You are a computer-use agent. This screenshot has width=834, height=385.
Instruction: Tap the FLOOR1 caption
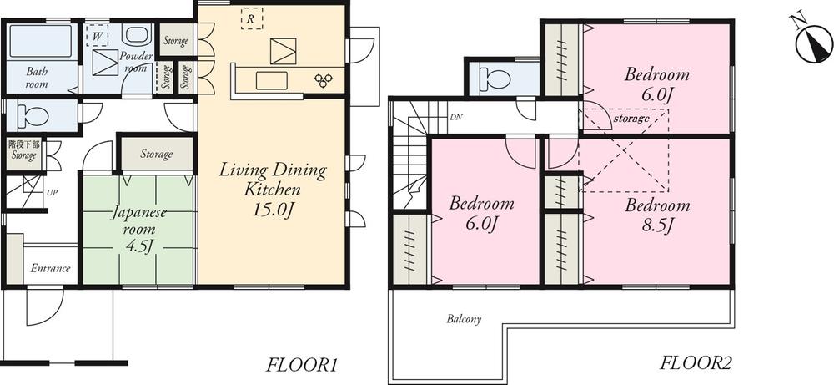click(300, 365)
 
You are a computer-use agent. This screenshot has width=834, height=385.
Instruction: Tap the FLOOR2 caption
click(696, 363)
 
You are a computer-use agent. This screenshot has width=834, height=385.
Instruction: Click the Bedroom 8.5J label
click(657, 215)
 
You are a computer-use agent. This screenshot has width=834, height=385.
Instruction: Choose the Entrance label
click(50, 269)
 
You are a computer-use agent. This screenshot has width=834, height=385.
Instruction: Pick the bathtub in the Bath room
click(39, 42)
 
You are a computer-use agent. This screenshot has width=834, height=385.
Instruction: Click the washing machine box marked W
click(98, 38)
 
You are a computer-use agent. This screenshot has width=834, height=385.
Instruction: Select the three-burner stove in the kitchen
click(323, 79)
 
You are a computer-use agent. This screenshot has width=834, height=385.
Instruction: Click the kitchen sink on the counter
click(269, 80)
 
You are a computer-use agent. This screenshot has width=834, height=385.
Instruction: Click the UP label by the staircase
click(52, 193)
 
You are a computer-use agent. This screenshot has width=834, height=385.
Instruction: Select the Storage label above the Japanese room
click(156, 154)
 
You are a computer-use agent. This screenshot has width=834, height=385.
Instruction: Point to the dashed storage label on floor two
click(631, 119)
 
